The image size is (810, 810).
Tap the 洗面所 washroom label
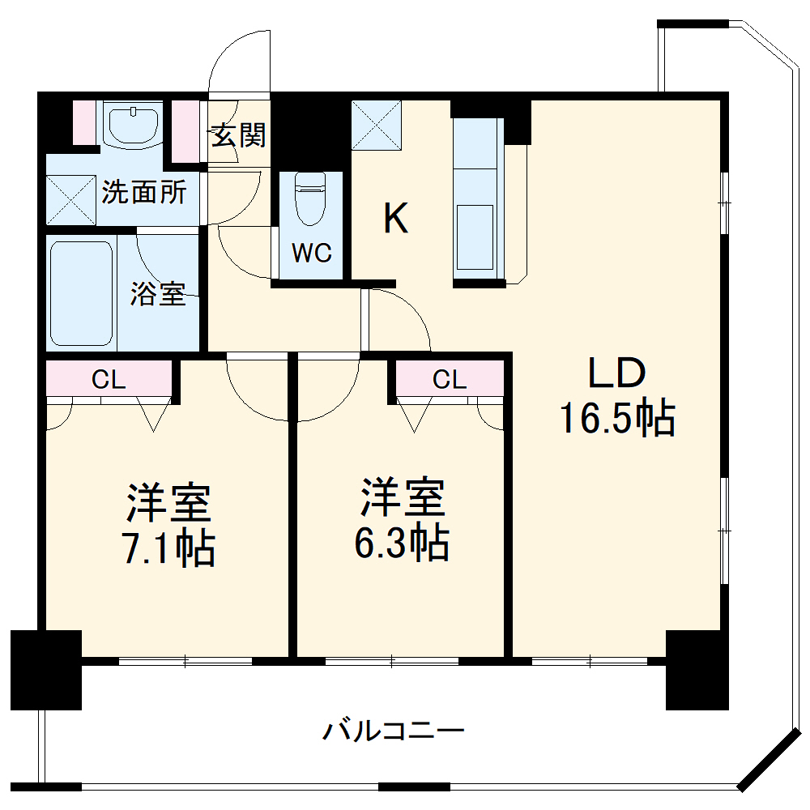click(144, 193)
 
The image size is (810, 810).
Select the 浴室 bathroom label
click(158, 295)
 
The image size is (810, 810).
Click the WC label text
click(312, 254)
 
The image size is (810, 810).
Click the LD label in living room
click(616, 374)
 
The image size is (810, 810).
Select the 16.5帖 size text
click(616, 419)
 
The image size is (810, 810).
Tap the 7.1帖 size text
click(168, 548)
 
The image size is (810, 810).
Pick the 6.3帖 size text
click(402, 543)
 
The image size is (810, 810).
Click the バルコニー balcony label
click(394, 732)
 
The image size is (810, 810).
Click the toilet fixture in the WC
click(310, 198)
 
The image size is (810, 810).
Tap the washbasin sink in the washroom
click(132, 123)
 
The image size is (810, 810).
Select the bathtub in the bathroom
click(81, 293)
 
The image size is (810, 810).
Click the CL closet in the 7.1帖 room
click(109, 378)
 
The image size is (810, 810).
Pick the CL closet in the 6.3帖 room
click(450, 378)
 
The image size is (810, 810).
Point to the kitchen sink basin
click(475, 237)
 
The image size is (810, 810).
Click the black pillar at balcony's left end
click(46, 669)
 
